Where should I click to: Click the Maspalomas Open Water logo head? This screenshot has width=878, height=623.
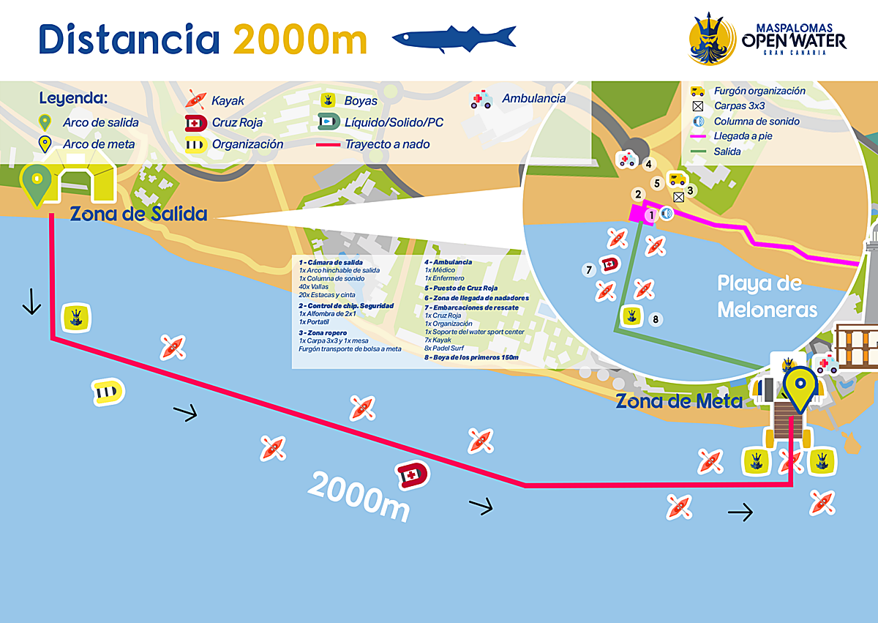(712, 39)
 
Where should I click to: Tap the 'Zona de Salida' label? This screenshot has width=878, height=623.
(138, 214)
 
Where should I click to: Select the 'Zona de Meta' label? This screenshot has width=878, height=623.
(679, 401)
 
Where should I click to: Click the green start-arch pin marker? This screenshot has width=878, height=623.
(35, 184)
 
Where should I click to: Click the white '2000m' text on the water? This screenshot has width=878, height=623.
(359, 496)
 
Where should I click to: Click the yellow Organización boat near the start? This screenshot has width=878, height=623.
(107, 392)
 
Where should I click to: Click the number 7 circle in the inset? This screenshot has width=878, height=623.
(588, 270)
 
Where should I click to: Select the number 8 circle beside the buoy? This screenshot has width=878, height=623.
(656, 319)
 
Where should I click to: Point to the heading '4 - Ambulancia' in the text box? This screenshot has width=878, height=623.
(449, 262)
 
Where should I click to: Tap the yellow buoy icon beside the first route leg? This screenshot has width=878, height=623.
(76, 316)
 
